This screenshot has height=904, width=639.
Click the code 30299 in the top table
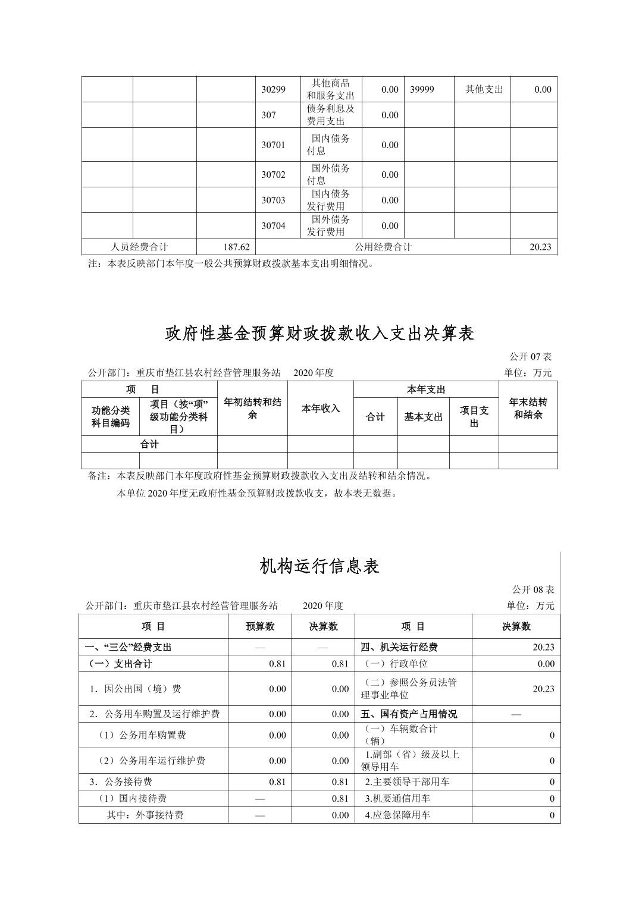pos(273,90)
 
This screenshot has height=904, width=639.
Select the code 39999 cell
pos(422,90)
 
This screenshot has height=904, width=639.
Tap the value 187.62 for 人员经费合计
pos(237,247)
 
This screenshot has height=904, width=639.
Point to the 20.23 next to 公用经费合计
pos(540,247)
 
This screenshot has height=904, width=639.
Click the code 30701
pos(273,145)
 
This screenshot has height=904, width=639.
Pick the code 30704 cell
pos(273,226)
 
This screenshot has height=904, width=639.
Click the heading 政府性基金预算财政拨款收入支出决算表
pos(319,334)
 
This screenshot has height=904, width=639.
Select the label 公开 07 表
pos(530,357)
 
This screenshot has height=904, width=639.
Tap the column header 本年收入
pos(320,409)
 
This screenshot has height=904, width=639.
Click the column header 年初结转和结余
pos(252,409)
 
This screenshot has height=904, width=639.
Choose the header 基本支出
pos(423,418)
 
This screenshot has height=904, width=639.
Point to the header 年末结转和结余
pos(528,409)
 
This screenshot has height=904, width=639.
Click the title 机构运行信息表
pos(319,566)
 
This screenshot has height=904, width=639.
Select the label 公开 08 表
pos(533,590)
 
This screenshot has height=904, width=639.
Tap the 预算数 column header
pos(260,626)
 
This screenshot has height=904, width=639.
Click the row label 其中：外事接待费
pos(145,815)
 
